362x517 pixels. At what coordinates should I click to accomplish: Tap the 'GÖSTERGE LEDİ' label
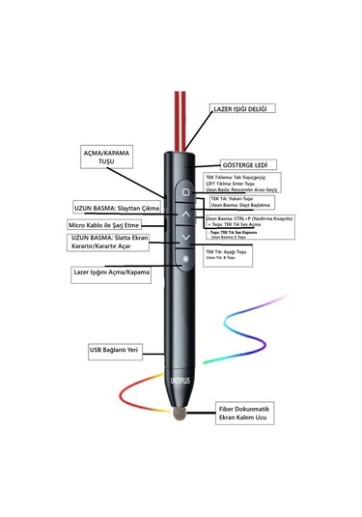click(x=248, y=165)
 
